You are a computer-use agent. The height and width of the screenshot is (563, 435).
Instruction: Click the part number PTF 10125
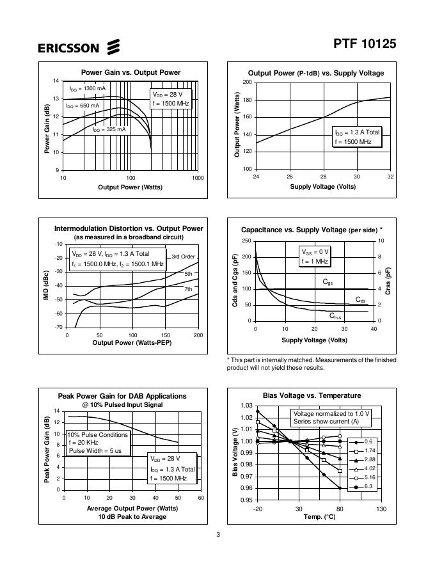(x=365, y=44)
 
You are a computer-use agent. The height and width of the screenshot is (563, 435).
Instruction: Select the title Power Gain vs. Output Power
(x=130, y=72)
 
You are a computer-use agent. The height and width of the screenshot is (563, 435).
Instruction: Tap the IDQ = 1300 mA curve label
(x=88, y=88)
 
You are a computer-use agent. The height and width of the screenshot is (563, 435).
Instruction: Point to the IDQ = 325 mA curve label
(x=109, y=129)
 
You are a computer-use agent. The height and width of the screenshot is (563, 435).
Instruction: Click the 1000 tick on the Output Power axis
(x=198, y=177)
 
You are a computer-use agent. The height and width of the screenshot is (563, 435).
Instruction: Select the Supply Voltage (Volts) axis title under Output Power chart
(x=323, y=187)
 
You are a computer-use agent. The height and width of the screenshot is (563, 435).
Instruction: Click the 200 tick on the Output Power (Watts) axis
(x=247, y=83)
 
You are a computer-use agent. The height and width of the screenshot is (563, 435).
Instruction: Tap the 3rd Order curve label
(x=183, y=257)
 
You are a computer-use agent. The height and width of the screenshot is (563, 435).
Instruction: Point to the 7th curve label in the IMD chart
(x=188, y=289)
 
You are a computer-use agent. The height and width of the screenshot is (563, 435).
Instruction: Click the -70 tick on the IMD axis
(x=59, y=327)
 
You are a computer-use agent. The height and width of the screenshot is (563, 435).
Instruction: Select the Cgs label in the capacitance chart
(x=328, y=282)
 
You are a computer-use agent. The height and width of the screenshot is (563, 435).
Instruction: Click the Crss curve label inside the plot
(x=335, y=315)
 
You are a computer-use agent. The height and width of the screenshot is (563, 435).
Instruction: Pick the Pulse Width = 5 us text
(x=95, y=450)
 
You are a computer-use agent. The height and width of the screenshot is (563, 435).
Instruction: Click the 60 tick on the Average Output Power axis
(x=201, y=498)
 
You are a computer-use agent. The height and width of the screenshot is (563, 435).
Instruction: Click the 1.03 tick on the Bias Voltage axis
(x=246, y=406)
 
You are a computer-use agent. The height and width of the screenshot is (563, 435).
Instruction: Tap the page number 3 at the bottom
(x=218, y=535)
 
